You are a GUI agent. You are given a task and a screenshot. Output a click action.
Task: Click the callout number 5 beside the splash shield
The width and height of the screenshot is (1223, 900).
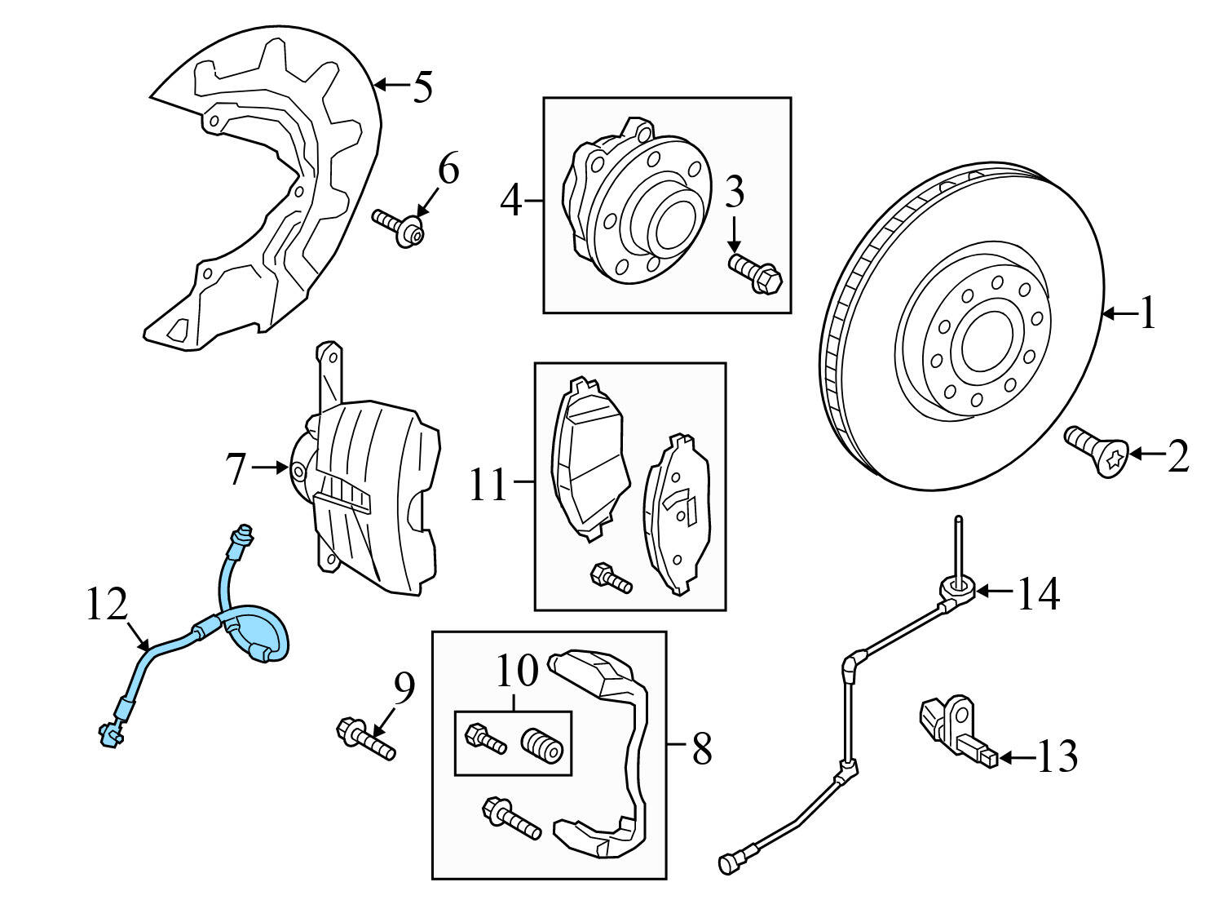(422, 87)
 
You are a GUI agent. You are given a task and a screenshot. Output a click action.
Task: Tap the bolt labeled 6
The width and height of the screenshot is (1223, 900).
(400, 228)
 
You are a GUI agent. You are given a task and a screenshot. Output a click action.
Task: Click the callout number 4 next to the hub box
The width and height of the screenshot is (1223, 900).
(510, 200)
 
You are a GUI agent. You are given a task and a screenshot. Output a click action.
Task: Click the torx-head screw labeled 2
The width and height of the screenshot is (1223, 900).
(1097, 451)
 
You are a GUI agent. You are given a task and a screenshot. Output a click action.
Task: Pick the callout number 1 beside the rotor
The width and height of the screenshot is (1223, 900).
(1148, 313)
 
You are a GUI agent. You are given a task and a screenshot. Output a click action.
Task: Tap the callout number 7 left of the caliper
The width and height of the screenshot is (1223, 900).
(236, 469)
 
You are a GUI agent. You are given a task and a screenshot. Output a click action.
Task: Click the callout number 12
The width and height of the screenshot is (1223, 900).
(107, 605)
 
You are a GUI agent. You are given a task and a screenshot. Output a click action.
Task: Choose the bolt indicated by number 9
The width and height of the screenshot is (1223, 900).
(366, 737)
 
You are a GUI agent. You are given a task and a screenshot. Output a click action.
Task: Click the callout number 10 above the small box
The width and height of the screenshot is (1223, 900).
(517, 671)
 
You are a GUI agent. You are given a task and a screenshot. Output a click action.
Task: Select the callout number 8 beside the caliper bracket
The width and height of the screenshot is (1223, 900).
(701, 748)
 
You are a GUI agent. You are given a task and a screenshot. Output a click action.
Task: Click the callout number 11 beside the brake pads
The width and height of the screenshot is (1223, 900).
(489, 485)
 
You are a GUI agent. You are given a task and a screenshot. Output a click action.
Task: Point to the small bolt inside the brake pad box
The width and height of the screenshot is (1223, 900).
(611, 579)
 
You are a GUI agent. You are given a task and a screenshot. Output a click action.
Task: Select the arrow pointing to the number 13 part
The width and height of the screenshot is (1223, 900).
(1015, 758)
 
